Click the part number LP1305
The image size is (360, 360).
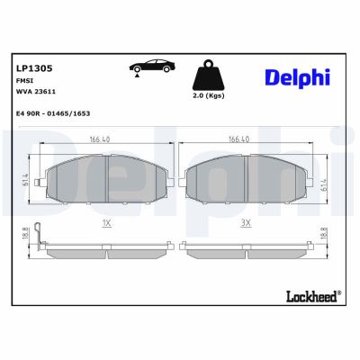point(32,67)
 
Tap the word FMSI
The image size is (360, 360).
point(24,80)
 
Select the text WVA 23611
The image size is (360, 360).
point(35,92)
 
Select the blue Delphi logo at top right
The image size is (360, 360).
point(297,77)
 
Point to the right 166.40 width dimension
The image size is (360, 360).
point(238,139)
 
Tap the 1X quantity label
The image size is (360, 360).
point(106,220)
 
